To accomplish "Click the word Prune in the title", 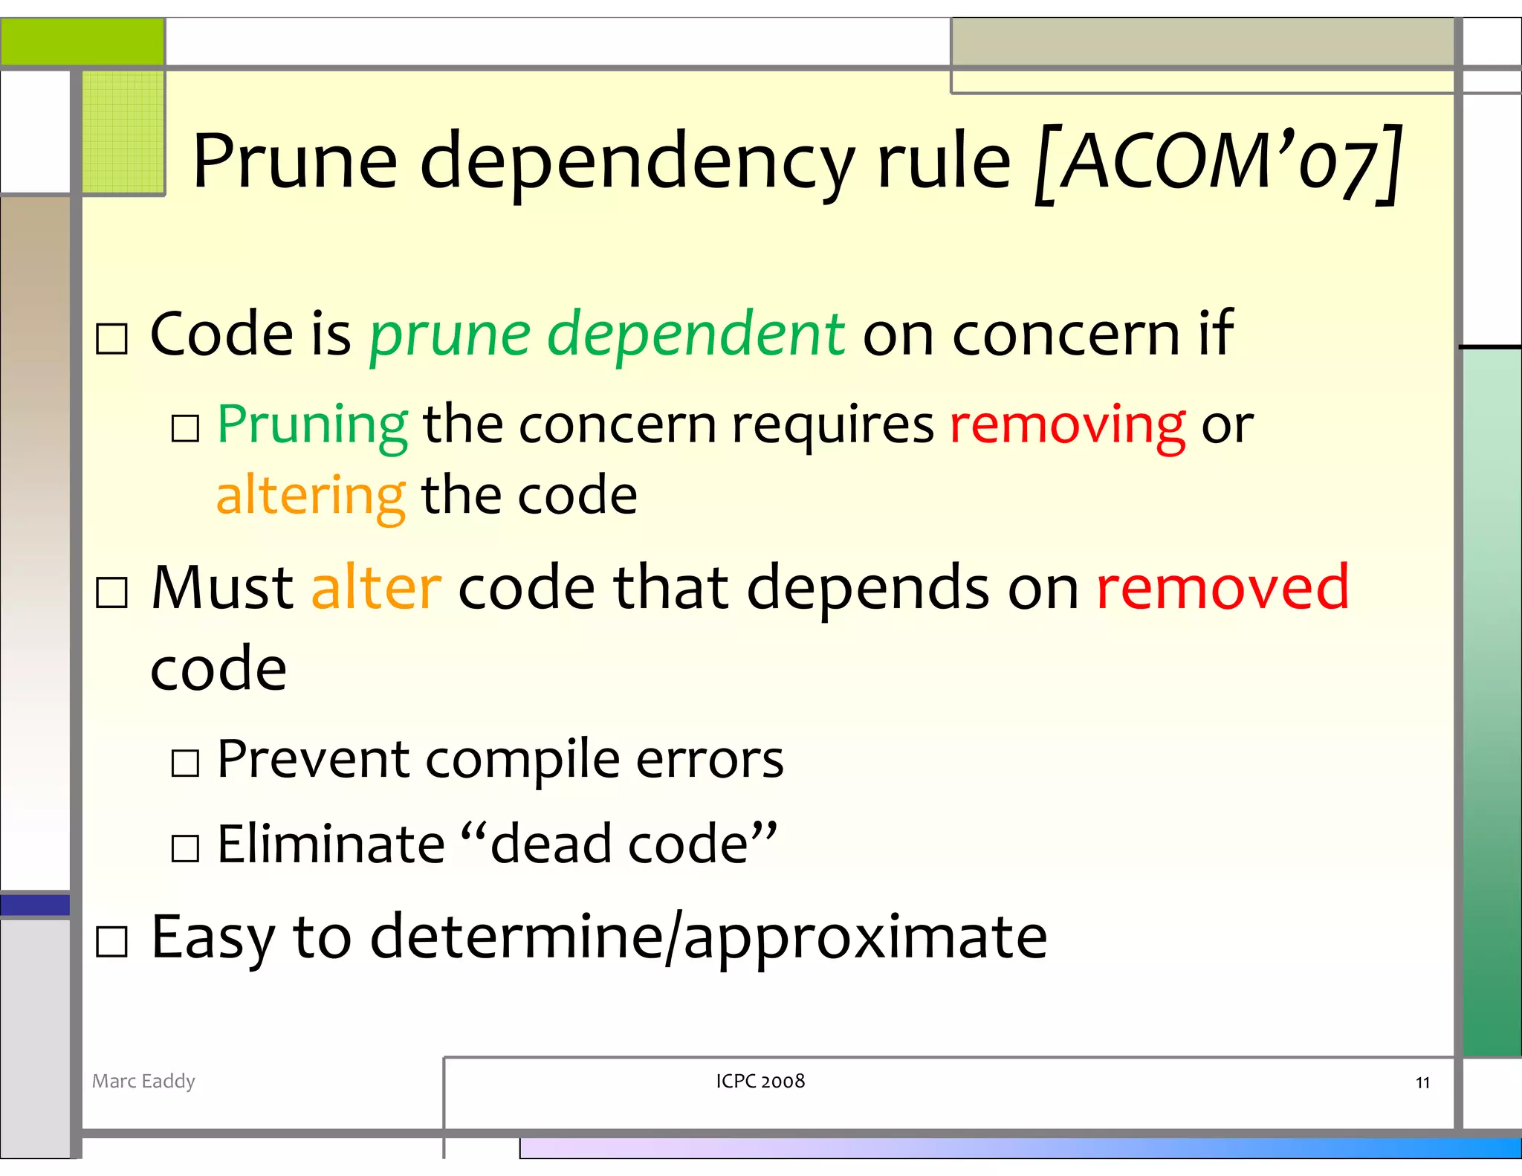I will pos(294,162).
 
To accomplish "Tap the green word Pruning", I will pos(312,425).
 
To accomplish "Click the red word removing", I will pos(1067,425).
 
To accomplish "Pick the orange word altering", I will pos(311,495).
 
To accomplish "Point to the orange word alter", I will pos(377,587).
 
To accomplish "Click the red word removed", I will pos(1223,587).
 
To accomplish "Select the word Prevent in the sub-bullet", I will pos(312,760).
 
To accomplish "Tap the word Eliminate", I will pos(331,844).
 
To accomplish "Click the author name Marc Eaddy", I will pos(143,1081).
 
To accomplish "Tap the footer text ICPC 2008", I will pos(760,1081).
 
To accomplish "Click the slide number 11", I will pos(1422,1083).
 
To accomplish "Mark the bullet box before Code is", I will pos(112,339).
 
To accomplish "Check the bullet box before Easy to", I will pos(112,942).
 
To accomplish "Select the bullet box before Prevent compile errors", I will pos(185,763).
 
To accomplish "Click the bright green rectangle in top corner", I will pos(82,42).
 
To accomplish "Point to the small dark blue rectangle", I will pos(35,905).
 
